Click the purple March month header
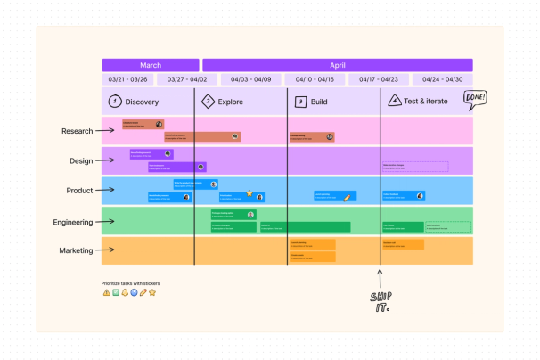(151, 65)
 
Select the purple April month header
(338, 65)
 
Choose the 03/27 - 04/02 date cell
(187, 79)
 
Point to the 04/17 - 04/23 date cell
(379, 79)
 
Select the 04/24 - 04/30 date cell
(442, 79)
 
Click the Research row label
(77, 131)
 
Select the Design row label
(81, 161)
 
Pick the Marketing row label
(76, 250)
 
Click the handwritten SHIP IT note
(380, 301)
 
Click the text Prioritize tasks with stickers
(130, 283)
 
